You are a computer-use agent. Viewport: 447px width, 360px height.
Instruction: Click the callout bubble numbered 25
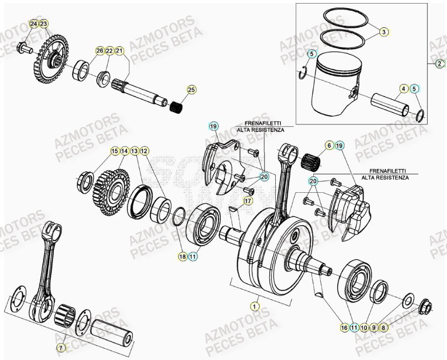tap(191, 90)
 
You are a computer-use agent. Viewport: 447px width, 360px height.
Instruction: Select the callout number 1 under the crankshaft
tap(253, 306)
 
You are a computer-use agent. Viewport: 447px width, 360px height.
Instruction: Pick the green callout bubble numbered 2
tap(439, 64)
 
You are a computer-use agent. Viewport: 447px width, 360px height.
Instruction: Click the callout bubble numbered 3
tap(383, 32)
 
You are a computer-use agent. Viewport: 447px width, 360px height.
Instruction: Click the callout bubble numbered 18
tap(182, 256)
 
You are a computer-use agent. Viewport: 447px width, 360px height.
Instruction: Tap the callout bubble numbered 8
tap(384, 327)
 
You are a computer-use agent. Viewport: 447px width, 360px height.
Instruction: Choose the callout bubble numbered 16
tap(344, 327)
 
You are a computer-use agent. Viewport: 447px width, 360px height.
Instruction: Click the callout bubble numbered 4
tap(404, 89)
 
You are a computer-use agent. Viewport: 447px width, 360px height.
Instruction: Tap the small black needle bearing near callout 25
tap(177, 108)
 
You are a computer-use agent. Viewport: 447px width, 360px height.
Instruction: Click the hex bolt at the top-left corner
tap(23, 49)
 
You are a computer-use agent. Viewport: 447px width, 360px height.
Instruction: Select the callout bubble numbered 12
tap(145, 151)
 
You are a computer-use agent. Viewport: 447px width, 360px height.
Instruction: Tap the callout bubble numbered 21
tap(119, 51)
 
